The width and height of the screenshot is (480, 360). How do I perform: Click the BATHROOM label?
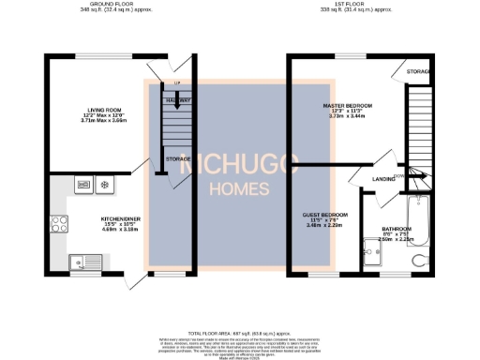pyautogui.click(x=397, y=229)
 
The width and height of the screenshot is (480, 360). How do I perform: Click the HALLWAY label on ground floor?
pyautogui.click(x=179, y=100)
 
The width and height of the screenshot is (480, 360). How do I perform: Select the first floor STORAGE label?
pyautogui.click(x=418, y=71)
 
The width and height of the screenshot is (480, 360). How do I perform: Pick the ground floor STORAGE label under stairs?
pyautogui.click(x=179, y=159)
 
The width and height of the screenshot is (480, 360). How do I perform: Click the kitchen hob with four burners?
pyautogui.click(x=59, y=223)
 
